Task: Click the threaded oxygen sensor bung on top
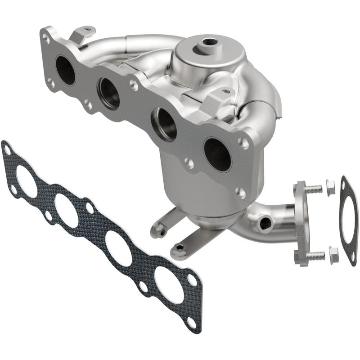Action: [x=208, y=42]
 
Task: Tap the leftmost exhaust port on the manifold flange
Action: [x=66, y=70]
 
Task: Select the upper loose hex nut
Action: [x=331, y=188]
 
